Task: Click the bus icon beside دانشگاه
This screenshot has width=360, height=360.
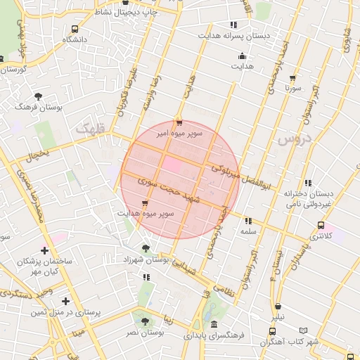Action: click(75, 30)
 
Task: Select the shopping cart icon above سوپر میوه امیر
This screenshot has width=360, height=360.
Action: click(179, 121)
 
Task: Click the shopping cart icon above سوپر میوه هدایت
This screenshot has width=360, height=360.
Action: click(145, 203)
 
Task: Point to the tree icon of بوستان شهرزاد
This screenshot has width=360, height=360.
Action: click(145, 248)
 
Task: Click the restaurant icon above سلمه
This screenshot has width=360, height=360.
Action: click(248, 221)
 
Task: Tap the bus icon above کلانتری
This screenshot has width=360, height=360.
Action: click(321, 226)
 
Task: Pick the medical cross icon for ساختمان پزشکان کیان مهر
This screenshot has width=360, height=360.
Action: click(45, 250)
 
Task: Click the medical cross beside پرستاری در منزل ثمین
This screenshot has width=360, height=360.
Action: click(65, 301)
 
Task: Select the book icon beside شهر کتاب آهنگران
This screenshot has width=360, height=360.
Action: click(304, 330)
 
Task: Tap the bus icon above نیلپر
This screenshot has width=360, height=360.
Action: click(279, 307)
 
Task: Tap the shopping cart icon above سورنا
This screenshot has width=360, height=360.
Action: click(292, 78)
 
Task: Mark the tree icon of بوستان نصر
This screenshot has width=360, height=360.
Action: click(145, 321)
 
